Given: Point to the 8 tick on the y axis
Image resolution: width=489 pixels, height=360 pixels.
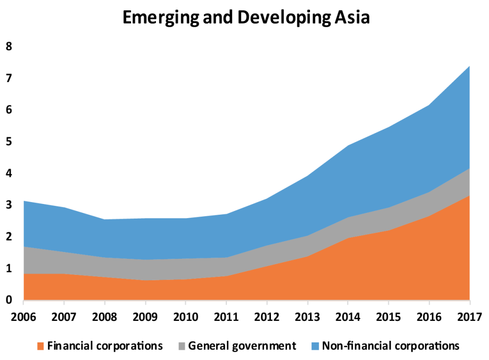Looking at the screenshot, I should click(8, 46).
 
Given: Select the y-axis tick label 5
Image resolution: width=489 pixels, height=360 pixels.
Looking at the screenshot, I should click(8, 142).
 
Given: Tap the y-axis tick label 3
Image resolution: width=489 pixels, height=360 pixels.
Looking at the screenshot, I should click(8, 205).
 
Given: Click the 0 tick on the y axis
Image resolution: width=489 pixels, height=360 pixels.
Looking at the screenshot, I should click(8, 300).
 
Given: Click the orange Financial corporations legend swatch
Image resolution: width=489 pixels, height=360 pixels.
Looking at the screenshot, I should click(41, 346).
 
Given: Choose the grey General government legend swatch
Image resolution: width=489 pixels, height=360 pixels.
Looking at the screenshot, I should click(181, 346).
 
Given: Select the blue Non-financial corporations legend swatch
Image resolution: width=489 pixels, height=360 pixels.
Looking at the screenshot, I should click(315, 346).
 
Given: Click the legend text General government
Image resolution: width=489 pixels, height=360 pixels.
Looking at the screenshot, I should click(242, 346).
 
